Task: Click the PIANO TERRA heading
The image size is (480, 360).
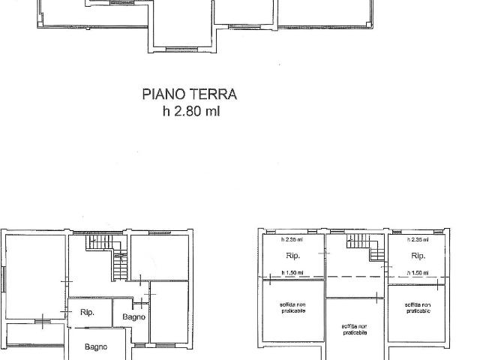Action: (190, 94)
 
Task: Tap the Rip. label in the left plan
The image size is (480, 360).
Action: (87, 311)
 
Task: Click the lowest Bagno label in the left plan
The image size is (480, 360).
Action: (96, 346)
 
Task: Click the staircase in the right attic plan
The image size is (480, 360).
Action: (364, 247)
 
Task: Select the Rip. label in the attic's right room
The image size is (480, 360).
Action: (417, 256)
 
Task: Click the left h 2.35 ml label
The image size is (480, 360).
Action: (292, 240)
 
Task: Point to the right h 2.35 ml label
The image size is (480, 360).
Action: (418, 240)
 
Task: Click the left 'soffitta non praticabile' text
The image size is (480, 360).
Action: (292, 307)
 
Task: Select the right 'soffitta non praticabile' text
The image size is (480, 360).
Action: (417, 307)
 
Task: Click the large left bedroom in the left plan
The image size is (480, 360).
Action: (34, 277)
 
